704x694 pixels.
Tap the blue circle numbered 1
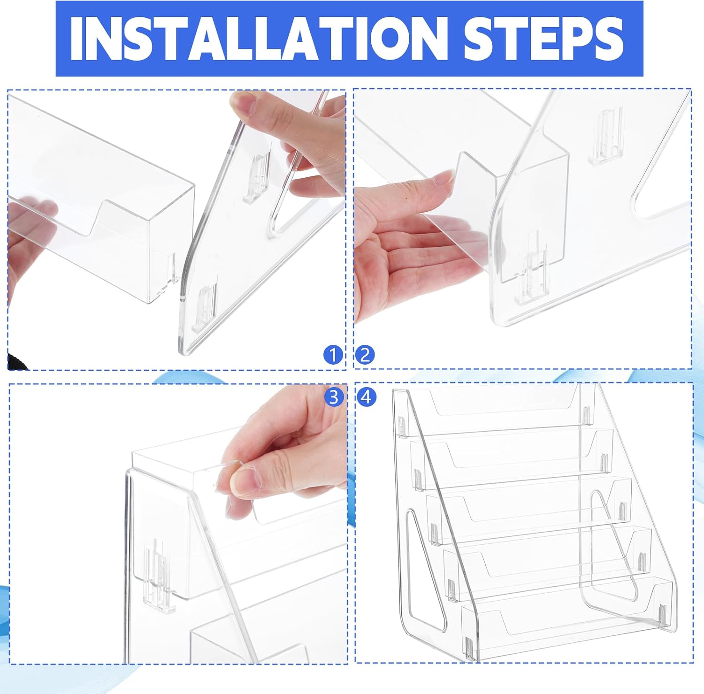(x=333, y=355)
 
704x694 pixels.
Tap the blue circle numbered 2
(x=365, y=355)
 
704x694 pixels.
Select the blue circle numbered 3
(x=334, y=397)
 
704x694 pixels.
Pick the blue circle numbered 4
(x=367, y=397)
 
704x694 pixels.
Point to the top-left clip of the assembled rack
(x=402, y=427)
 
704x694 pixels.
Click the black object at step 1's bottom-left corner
(x=17, y=361)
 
